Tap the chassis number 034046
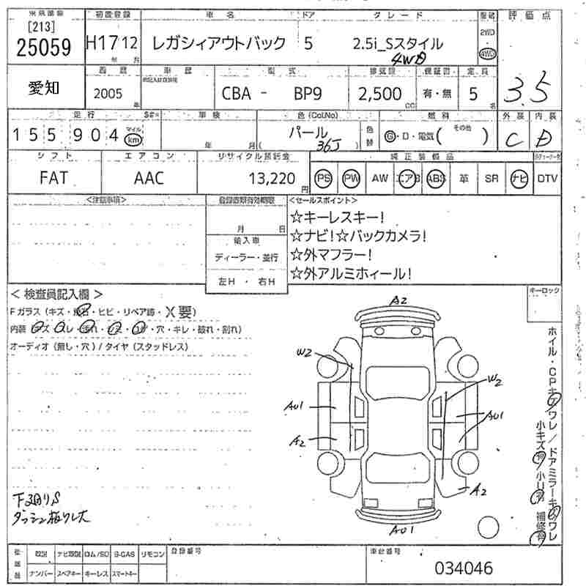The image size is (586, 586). click(x=464, y=568)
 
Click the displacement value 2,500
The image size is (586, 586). click(x=379, y=94)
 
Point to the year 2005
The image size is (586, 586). click(x=109, y=94)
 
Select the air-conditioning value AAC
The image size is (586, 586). click(x=149, y=178)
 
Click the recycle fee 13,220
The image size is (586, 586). click(x=272, y=178)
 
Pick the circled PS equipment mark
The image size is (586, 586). click(x=323, y=178)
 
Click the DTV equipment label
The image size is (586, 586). click(x=547, y=178)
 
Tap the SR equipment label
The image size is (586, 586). click(x=492, y=178)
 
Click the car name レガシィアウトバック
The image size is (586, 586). click(x=218, y=43)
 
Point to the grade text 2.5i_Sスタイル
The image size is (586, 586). click(x=398, y=43)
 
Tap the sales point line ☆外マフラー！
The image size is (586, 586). click(x=331, y=255)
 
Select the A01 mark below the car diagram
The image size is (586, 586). click(x=404, y=530)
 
